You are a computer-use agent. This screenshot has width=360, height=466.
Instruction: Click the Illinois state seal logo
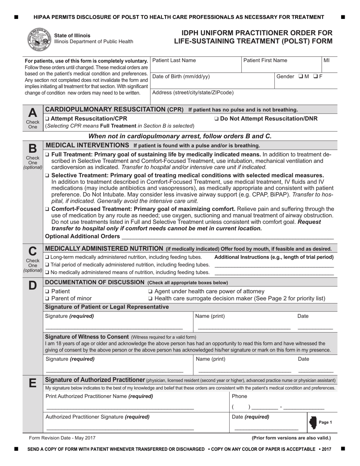[x=39, y=39]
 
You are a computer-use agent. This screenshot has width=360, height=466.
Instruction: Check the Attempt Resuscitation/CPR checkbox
[x=47, y=119]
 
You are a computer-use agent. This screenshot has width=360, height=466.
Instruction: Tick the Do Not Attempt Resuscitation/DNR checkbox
[x=216, y=119]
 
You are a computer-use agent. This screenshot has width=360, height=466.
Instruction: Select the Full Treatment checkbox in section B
[x=47, y=155]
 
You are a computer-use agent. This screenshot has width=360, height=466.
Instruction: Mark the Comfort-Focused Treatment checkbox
[x=47, y=209]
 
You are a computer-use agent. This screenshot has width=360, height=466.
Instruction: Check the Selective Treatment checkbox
[x=47, y=175]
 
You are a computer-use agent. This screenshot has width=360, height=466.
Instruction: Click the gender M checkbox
[x=301, y=77]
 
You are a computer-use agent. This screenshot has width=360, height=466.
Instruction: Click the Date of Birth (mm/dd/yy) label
[x=181, y=77]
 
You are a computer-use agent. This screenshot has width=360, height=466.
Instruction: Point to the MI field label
[x=327, y=61]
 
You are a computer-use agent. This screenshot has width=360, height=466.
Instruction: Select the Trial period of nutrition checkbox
[x=47, y=264]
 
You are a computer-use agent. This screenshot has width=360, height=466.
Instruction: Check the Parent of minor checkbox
[x=47, y=298]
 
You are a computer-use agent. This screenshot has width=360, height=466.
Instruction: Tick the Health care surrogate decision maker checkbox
[x=151, y=298]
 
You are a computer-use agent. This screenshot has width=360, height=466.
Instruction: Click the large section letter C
[x=33, y=251]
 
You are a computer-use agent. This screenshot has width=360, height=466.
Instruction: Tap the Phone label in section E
[x=239, y=396]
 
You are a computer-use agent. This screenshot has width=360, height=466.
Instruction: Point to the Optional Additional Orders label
[x=82, y=236]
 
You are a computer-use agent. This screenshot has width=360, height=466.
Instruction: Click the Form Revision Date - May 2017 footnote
[x=63, y=438]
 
